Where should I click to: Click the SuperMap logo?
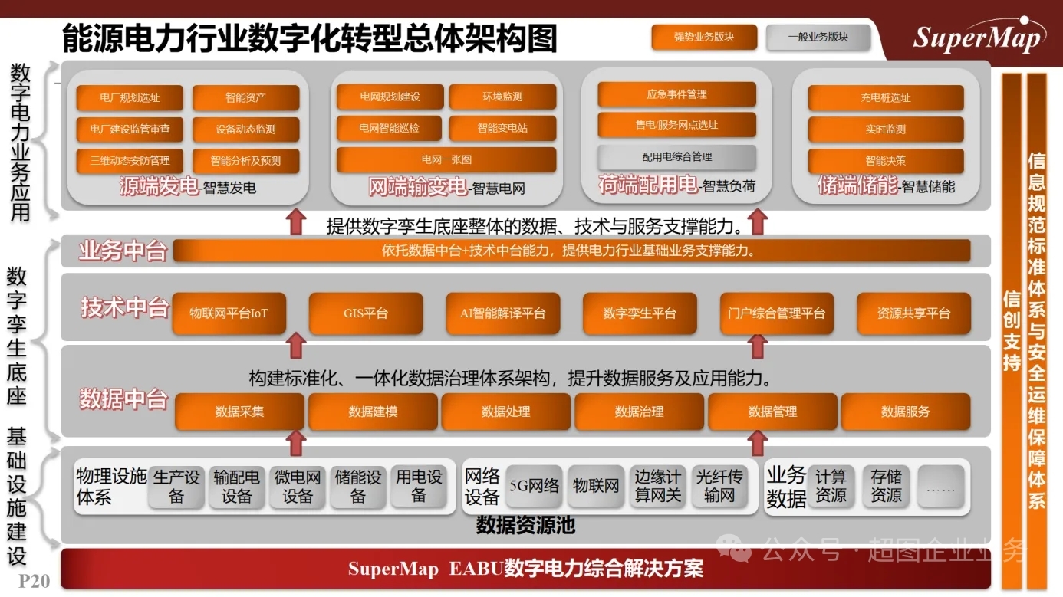coord(979,35)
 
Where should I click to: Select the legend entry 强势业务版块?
coord(704,37)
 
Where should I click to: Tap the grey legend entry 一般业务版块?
coord(818,37)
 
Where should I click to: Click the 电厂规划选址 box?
coord(130,97)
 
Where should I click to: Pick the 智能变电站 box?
coord(502,128)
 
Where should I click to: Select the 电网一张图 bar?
coord(446,160)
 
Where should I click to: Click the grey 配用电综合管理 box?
coord(676,157)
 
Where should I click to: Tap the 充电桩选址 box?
coord(886,97)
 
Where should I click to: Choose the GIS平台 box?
coord(366,313)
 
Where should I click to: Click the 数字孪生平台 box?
coord(640,313)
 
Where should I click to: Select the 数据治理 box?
coord(639,412)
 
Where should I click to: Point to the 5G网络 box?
coord(535,486)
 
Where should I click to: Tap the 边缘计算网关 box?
coord(658,486)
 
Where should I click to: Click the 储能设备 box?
coord(358,487)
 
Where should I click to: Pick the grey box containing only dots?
coord(940,487)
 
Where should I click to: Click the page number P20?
coord(35,582)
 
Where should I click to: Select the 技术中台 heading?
coord(125,307)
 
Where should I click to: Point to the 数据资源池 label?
coord(526,526)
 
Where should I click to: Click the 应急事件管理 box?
coord(676,94)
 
